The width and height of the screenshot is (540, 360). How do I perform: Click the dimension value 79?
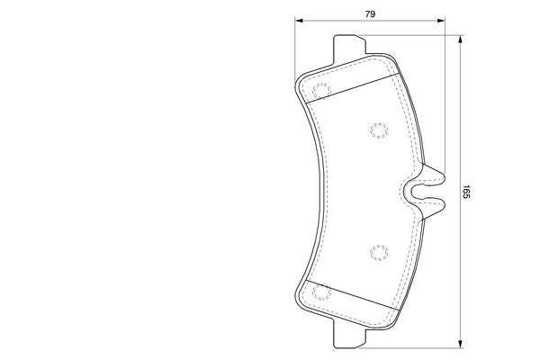pyautogui.click(x=370, y=14)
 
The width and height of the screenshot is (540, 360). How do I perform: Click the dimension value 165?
pyautogui.click(x=466, y=192)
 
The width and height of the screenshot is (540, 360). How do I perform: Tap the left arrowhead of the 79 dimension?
pyautogui.click(x=299, y=21)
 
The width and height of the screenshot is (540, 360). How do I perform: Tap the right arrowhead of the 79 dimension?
pyautogui.click(x=441, y=21)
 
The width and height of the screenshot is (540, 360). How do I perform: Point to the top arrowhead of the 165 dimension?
pyautogui.click(x=460, y=40)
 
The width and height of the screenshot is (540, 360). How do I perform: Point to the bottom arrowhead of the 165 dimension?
pyautogui.click(x=460, y=344)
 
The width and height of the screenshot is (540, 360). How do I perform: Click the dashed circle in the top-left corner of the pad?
pyautogui.click(x=321, y=91)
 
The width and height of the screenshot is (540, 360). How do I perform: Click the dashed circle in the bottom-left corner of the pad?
pyautogui.click(x=321, y=292)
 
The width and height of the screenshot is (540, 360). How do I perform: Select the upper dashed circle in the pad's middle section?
pyautogui.click(x=379, y=130)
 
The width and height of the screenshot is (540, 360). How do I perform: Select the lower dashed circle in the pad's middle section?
pyautogui.click(x=379, y=253)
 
